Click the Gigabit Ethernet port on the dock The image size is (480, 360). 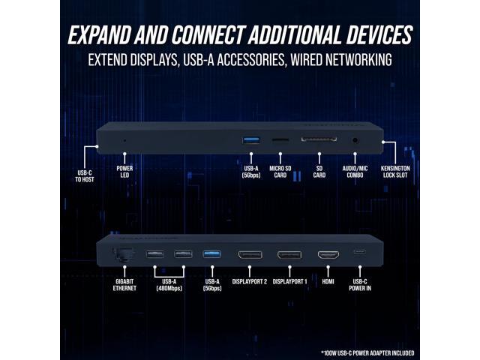click(x=119, y=255)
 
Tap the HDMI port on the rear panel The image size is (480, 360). click(x=328, y=255)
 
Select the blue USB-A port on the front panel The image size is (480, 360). click(x=251, y=139)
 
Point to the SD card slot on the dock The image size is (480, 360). click(x=319, y=139)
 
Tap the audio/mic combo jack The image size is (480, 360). click(x=354, y=139)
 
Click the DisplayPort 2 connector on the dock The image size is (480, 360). click(x=250, y=255)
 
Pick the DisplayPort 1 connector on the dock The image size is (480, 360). click(x=289, y=255)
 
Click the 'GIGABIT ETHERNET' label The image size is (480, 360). click(x=124, y=285)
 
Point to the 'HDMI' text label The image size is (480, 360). click(x=328, y=281)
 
